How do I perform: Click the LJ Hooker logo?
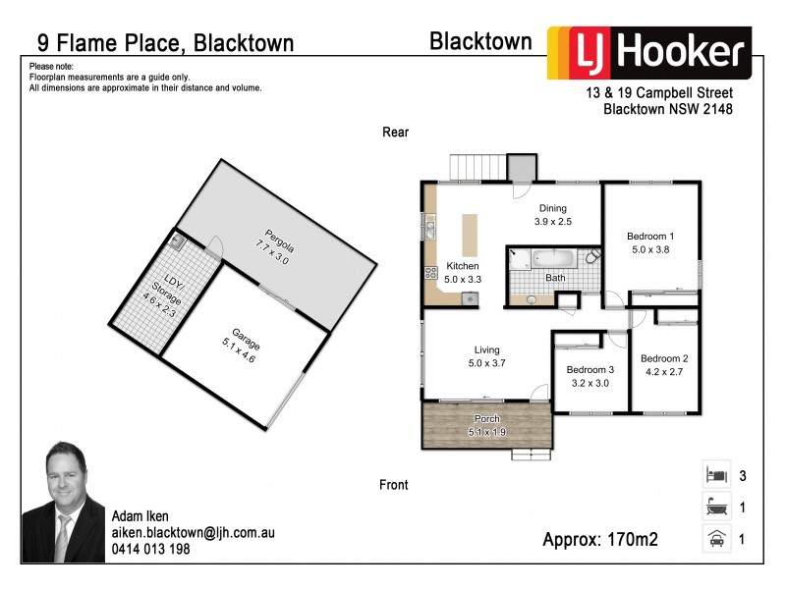(649, 53)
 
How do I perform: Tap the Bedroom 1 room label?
(650, 236)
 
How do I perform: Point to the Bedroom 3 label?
(589, 369)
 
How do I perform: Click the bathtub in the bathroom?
(547, 260)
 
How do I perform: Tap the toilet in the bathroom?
(592, 258)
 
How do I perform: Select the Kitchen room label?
(463, 266)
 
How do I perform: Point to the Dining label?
(552, 208)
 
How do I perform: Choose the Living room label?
(486, 349)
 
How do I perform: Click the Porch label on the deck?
(485, 419)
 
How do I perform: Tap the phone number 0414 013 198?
(150, 550)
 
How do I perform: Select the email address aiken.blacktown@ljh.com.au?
(192, 533)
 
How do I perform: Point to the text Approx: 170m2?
(599, 539)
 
